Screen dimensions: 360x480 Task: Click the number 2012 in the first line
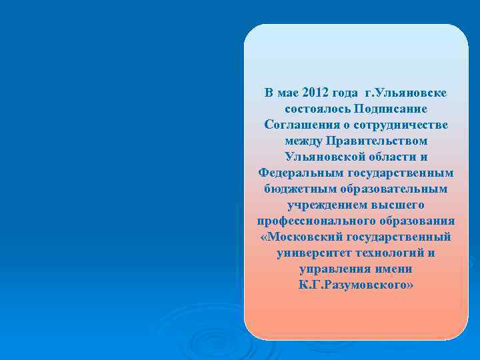(x=315, y=92)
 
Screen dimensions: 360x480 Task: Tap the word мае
(x=288, y=92)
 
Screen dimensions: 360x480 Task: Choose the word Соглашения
(x=298, y=125)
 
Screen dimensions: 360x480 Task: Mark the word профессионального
(x=310, y=221)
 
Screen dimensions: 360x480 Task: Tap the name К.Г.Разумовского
(x=357, y=285)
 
